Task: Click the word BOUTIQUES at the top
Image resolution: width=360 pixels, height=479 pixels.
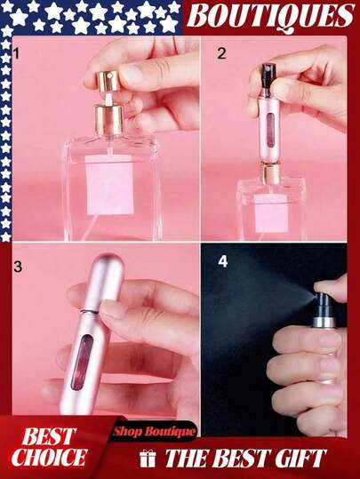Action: pos(271,16)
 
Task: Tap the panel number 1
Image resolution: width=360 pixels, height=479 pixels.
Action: pos(17,54)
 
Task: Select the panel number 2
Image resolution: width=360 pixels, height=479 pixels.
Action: pos(221,53)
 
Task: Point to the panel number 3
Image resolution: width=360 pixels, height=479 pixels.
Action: pos(18,267)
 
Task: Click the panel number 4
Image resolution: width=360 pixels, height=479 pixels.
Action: pos(223,262)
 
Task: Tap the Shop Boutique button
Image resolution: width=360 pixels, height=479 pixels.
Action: pos(154,431)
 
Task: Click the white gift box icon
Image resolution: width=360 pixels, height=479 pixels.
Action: pos(148,459)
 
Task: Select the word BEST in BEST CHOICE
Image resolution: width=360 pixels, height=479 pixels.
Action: pos(49,436)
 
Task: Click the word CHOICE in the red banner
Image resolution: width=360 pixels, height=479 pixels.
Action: pos(50,457)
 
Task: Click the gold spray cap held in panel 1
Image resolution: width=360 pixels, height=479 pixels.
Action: pos(108,81)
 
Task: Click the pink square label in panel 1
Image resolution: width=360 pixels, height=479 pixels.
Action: pos(109,185)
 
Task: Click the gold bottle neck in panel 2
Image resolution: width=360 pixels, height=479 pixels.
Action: pos(271,174)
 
